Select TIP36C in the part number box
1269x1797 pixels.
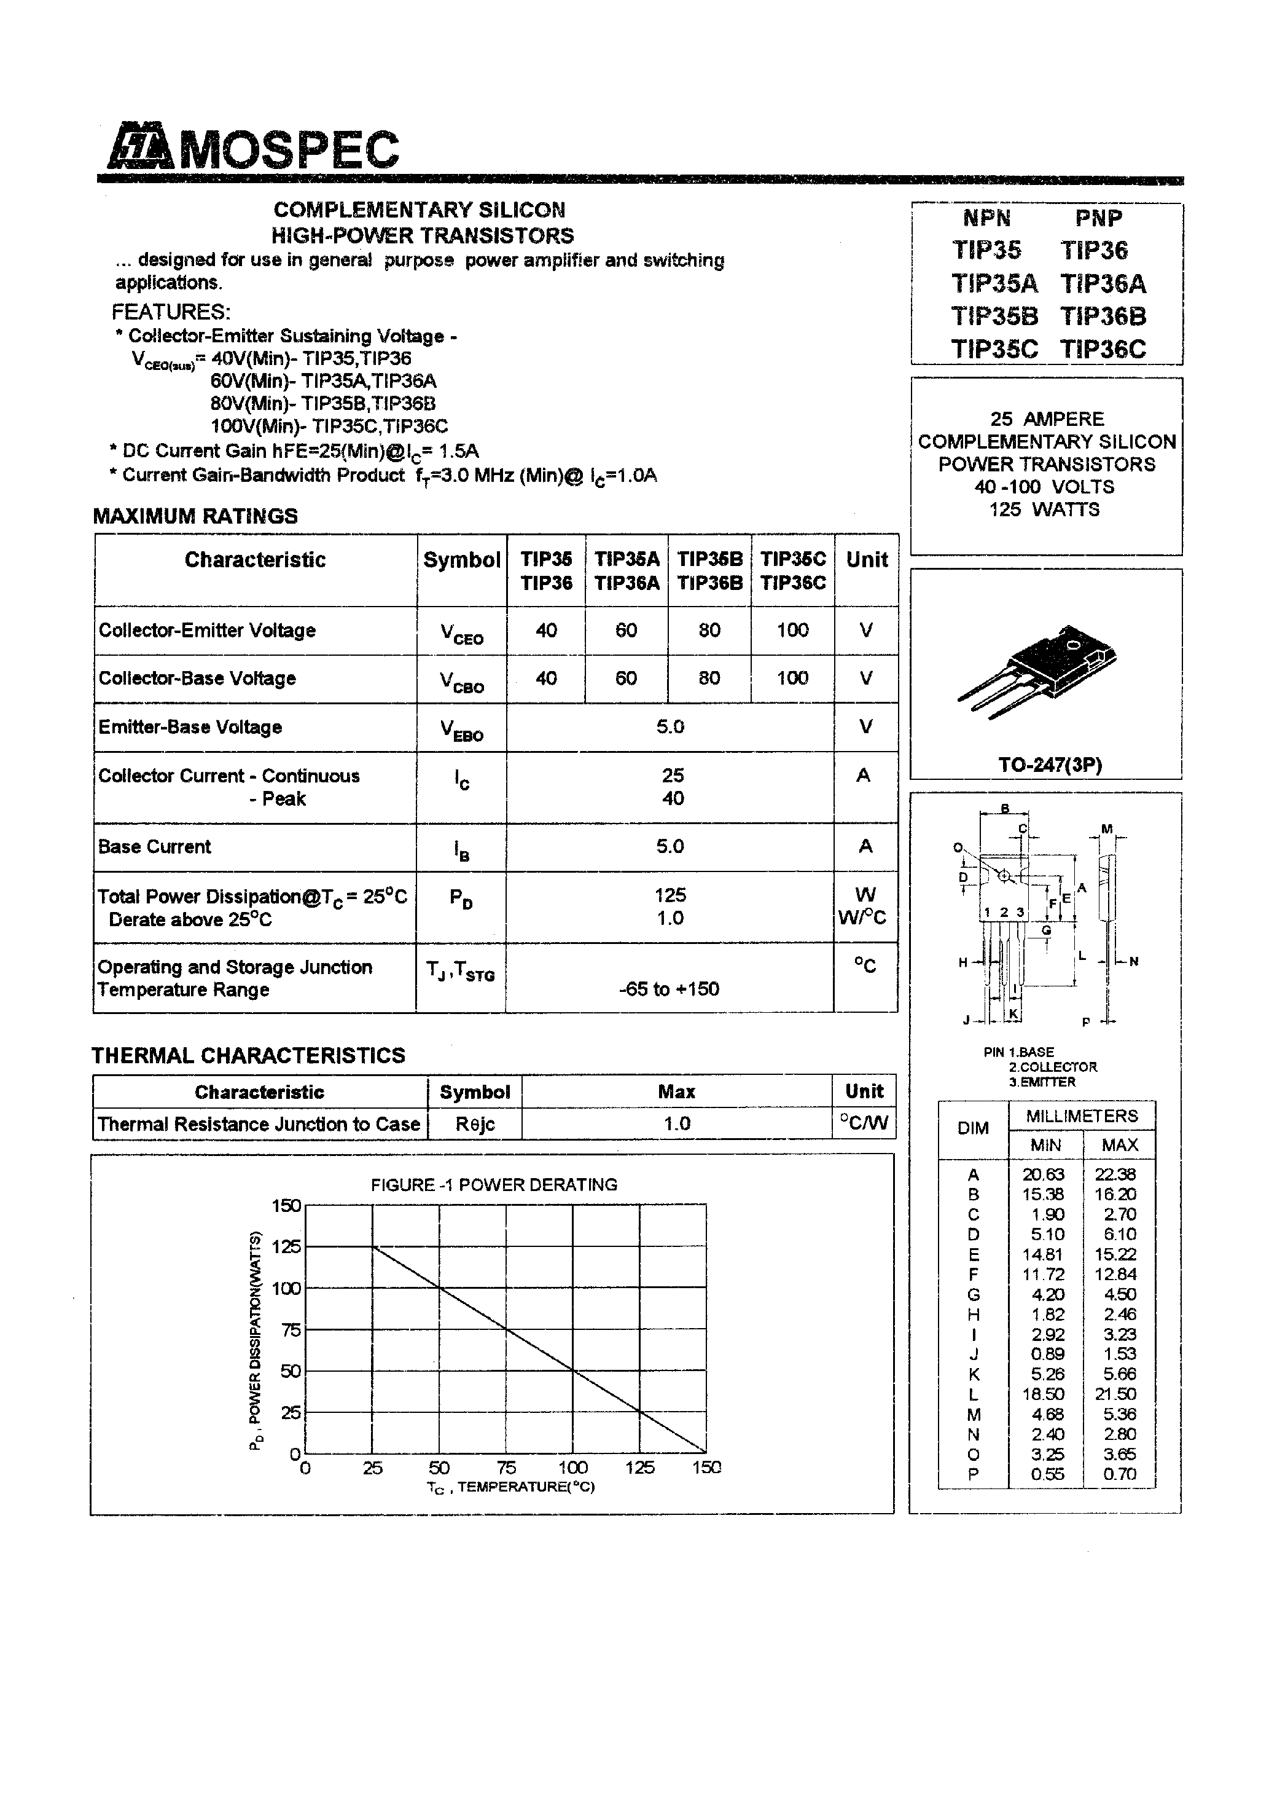(1103, 349)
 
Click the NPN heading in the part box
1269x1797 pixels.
(986, 218)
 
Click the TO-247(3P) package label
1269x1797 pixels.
(1050, 765)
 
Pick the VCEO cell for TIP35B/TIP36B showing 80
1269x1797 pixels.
(709, 630)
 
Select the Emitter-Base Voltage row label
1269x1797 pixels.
(190, 727)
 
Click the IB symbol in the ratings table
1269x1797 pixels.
(462, 848)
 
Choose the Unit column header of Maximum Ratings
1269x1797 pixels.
(867, 560)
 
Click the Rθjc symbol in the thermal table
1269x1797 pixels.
(475, 1124)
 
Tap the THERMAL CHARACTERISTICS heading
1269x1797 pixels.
(249, 1055)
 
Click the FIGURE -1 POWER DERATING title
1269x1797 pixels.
(494, 1185)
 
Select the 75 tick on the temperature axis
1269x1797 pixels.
(506, 1467)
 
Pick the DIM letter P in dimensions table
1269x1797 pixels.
(974, 1474)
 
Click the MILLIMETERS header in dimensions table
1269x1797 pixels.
(1081, 1115)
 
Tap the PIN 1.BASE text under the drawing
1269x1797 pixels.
(1018, 1052)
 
